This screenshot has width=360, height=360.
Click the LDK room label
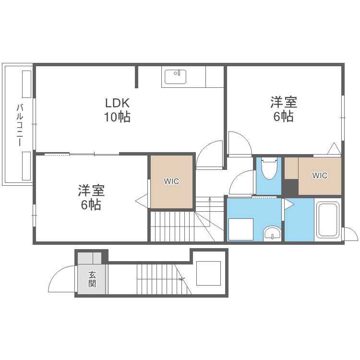(x=118, y=103)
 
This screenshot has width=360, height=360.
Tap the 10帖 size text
(x=118, y=117)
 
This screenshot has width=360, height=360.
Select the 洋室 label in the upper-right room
(x=284, y=102)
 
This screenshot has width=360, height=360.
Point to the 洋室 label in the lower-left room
(x=91, y=191)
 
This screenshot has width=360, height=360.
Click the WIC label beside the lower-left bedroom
(x=171, y=181)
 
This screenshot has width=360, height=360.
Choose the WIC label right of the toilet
(x=320, y=176)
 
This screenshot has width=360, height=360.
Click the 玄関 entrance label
(x=92, y=279)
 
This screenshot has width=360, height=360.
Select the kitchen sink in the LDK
(x=175, y=76)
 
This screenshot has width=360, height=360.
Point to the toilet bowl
(x=269, y=168)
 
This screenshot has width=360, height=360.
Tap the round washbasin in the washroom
(x=273, y=234)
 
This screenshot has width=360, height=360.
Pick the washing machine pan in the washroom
(x=240, y=229)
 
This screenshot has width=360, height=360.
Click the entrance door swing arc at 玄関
(x=60, y=278)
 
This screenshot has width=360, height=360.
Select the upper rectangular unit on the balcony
(x=26, y=84)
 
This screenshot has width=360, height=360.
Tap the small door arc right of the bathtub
(x=350, y=234)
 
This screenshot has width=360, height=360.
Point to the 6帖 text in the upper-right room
(x=284, y=116)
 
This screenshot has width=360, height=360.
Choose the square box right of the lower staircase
(x=208, y=273)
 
